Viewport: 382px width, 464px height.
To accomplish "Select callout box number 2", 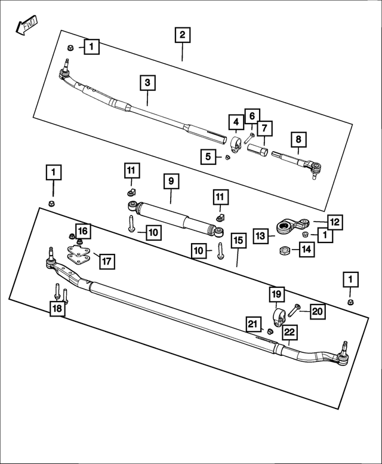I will (x=183, y=35).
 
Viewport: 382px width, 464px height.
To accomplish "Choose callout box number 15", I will (x=238, y=241).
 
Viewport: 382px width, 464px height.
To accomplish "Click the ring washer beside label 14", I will (x=285, y=249).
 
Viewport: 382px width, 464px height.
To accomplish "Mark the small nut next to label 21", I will (x=269, y=331).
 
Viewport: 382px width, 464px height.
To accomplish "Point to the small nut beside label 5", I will (x=227, y=158).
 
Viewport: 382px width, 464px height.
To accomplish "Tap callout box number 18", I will (x=57, y=308).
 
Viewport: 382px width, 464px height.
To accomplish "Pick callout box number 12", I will (x=334, y=222).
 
